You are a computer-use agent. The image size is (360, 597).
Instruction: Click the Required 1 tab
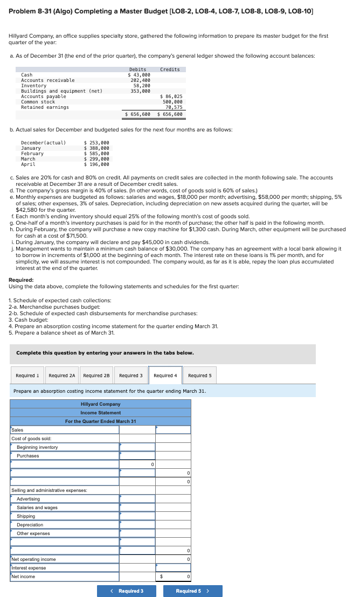pyautogui.click(x=27, y=376)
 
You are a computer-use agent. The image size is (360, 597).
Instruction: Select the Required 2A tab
pyautogui.click(x=63, y=376)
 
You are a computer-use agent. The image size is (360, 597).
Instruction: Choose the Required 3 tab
pyautogui.click(x=131, y=376)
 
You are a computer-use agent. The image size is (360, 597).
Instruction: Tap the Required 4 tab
pyautogui.click(x=165, y=376)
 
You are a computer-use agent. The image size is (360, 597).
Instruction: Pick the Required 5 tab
pyautogui.click(x=200, y=376)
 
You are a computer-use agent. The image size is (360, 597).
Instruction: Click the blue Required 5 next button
pyautogui.click(x=192, y=591)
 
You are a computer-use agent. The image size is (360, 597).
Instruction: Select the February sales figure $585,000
pyautogui.click(x=96, y=154)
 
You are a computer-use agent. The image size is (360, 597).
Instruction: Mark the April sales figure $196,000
pyautogui.click(x=96, y=164)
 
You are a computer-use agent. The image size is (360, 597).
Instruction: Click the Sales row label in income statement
pyautogui.click(x=18, y=430)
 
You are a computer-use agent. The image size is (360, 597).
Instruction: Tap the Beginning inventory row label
pyautogui.click(x=37, y=447)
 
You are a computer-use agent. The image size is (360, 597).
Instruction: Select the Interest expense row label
pyautogui.click(x=29, y=568)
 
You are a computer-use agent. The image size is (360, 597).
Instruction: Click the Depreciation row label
pyautogui.click(x=30, y=525)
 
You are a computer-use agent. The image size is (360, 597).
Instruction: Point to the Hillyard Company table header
pyautogui.click(x=101, y=404)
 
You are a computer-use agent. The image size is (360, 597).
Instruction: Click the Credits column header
pyautogui.click(x=170, y=70)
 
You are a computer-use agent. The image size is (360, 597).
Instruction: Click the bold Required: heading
pyautogui.click(x=21, y=280)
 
